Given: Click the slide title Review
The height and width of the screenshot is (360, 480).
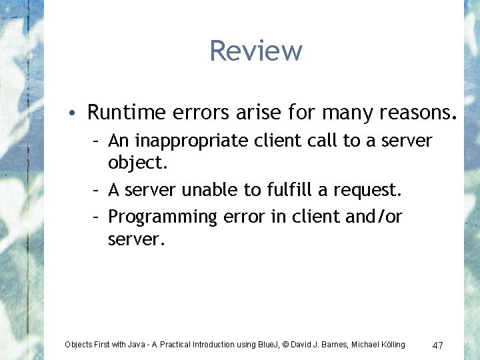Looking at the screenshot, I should (x=256, y=51).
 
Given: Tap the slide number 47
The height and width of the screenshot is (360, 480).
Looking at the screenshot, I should (x=438, y=345).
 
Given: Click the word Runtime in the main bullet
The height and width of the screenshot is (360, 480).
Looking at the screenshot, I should (x=122, y=113).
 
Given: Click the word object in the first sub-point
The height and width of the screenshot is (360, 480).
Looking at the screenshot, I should (x=135, y=163).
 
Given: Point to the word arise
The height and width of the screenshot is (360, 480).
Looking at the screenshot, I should (x=259, y=113).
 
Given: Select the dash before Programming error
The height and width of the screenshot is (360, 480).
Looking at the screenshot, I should (x=97, y=217).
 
